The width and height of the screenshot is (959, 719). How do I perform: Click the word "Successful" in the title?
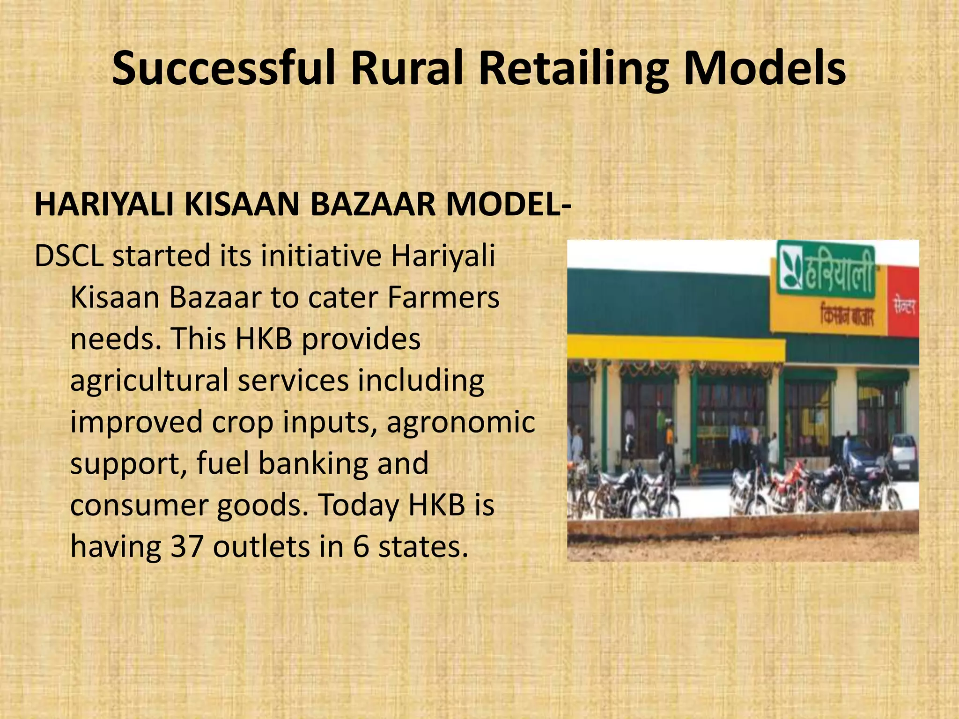224,69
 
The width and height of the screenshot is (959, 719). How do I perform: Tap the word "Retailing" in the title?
573,69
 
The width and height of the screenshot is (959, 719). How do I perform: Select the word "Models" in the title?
764,69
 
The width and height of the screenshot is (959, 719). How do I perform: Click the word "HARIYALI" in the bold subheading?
104,205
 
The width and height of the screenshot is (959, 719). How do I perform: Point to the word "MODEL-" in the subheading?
509,205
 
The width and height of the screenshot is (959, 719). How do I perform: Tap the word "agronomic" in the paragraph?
461,422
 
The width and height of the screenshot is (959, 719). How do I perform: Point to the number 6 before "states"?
361,546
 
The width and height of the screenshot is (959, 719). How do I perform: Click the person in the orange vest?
670,438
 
